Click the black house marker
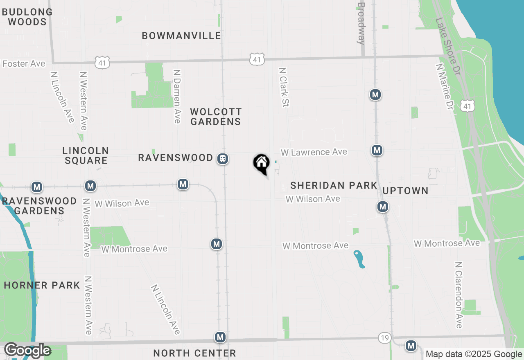point(261,164)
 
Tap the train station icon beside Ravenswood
point(223,158)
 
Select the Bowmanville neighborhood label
point(181,36)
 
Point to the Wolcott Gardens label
point(216,117)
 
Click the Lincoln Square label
point(86,156)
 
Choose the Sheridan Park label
point(334,185)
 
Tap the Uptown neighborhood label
point(405,191)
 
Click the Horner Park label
point(42,285)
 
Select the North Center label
point(194,353)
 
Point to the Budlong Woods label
point(27,17)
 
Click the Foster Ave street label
point(24,64)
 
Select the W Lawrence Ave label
point(314,152)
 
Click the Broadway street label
point(361,23)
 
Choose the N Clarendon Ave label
point(458,295)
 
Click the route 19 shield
point(384,338)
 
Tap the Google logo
point(27,351)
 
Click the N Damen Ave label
point(177,96)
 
